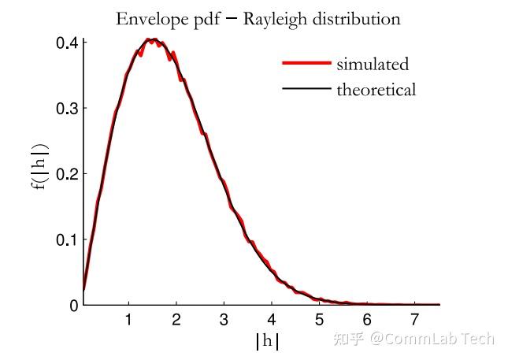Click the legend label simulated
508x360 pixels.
click(373, 65)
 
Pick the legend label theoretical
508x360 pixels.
click(376, 90)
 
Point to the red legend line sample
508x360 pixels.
click(306, 63)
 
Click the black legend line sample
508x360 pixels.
click(306, 89)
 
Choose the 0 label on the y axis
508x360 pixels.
click(73, 305)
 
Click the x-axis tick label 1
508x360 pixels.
click(128, 321)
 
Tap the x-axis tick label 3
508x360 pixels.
click(224, 321)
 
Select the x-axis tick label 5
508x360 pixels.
click(319, 321)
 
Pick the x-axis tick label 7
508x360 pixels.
click(414, 321)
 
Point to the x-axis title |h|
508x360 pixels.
click(267, 342)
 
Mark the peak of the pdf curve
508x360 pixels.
click(154, 39)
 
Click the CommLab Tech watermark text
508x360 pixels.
click(432, 339)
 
